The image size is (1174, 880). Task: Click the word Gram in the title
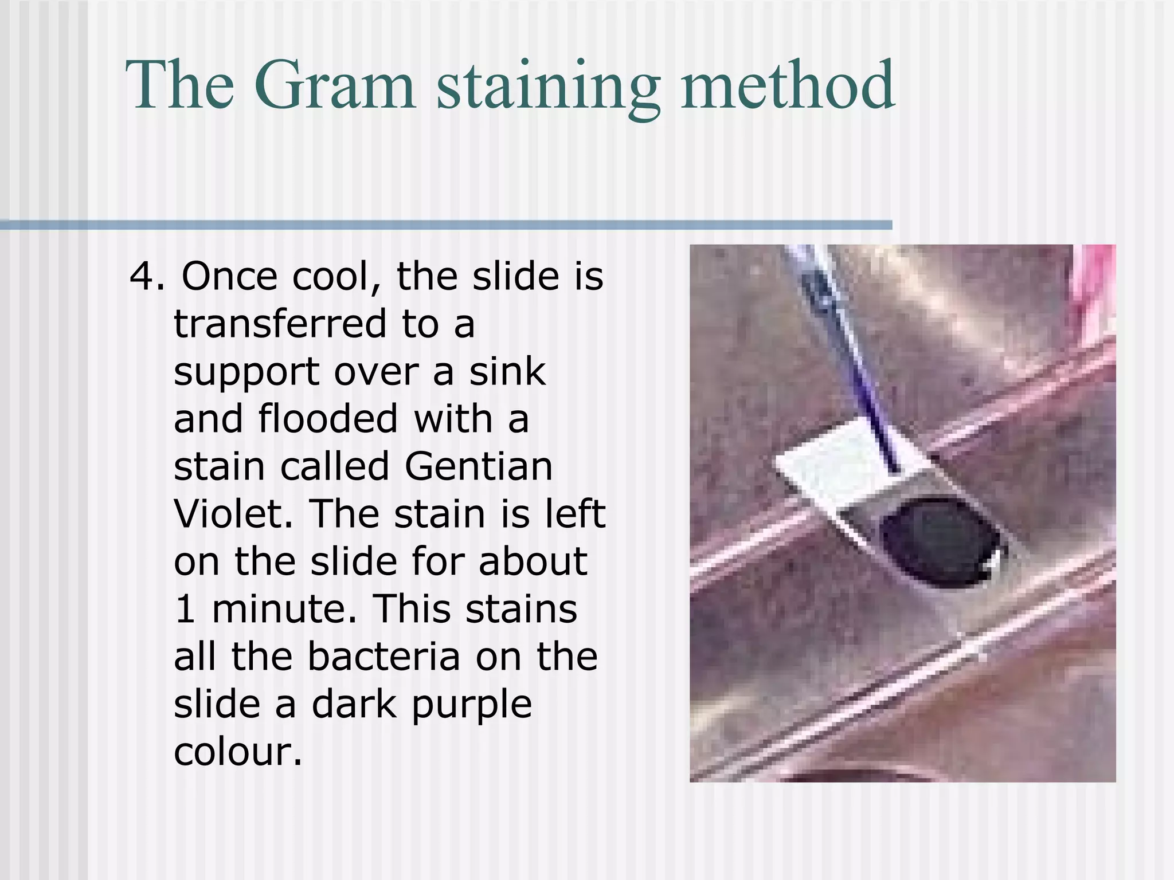(x=334, y=86)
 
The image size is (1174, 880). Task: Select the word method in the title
(x=788, y=86)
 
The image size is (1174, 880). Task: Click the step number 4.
(x=143, y=277)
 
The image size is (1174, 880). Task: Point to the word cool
(x=335, y=277)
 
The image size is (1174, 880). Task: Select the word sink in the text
(x=507, y=371)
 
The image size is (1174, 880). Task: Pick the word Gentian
(x=479, y=466)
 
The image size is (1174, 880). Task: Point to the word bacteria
(x=383, y=656)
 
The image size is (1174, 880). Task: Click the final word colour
(x=237, y=752)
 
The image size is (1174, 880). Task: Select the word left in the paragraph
(x=577, y=513)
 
